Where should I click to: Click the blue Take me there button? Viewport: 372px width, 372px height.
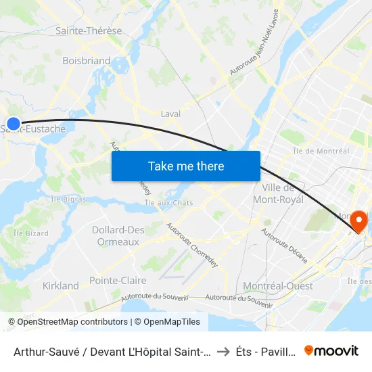186,166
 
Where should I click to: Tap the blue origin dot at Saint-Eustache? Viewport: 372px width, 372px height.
14,124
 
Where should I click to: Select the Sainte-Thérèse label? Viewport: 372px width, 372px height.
89,30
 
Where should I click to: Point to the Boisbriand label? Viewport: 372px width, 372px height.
86,60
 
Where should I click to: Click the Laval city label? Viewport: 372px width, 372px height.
170,114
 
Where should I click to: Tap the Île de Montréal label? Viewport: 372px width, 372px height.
322,151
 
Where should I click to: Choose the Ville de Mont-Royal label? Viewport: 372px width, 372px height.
277,193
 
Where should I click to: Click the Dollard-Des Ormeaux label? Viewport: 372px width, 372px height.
118,235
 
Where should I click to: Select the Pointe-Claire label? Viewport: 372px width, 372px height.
112,280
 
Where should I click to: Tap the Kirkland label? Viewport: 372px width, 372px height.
61,285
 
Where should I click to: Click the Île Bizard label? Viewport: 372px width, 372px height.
28,233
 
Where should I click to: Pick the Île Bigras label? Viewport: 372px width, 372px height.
68,199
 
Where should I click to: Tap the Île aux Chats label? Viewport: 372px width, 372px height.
169,203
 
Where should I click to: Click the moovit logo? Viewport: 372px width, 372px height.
331,350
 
